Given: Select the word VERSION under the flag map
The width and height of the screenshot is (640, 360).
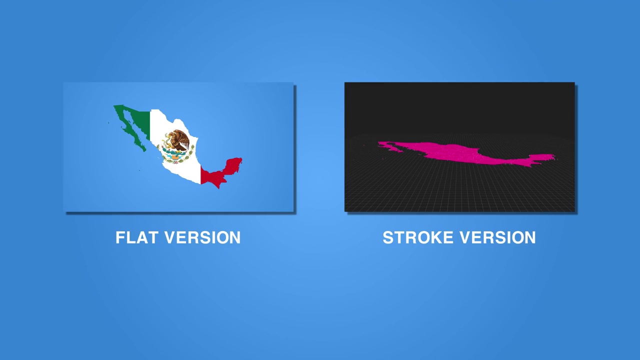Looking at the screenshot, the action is coord(202,237).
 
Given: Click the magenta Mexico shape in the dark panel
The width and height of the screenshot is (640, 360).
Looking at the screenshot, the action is coord(463,154).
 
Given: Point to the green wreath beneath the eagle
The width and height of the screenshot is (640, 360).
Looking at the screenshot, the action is coord(175,156).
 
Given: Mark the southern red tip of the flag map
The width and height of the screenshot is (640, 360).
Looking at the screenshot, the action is coord(219,187).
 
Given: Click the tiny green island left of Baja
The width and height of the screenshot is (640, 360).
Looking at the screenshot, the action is coord(108,123).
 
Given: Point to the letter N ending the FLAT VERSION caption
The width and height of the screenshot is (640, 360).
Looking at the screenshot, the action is coord(235,237).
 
